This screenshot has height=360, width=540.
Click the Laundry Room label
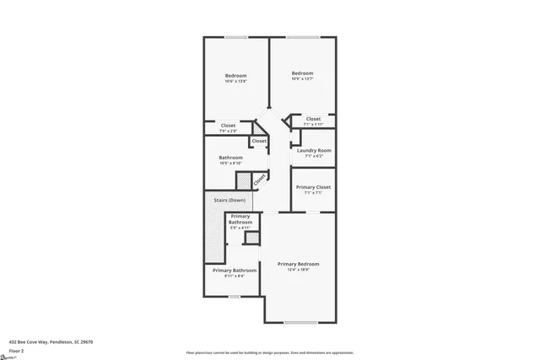pos(313,150)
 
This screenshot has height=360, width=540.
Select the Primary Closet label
pos(313,187)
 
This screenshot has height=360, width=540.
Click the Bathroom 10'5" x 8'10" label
pos(231,158)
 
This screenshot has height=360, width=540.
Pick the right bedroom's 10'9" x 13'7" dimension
pos(302,78)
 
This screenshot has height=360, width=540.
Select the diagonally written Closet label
pos(259,178)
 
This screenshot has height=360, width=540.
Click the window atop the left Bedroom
pos(235,37)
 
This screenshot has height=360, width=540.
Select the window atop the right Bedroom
pos(301,37)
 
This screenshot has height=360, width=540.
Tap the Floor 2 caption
pos(16,351)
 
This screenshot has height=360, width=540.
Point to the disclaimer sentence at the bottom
pos(269,352)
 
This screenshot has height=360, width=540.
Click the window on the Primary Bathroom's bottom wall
pos(235,297)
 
